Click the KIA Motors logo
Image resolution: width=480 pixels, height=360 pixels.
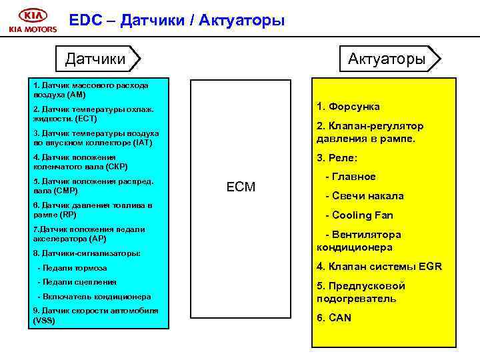pyautogui.click(x=33, y=21)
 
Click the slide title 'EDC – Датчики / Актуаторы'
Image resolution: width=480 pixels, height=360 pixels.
pyautogui.click(x=177, y=21)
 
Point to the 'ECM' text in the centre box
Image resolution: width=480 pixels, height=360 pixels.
pyautogui.click(x=241, y=187)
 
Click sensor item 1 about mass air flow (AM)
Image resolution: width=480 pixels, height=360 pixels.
pyautogui.click(x=91, y=90)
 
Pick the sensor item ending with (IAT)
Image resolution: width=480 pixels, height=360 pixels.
pyautogui.click(x=95, y=137)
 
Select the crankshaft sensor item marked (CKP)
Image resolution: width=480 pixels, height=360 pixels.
pyautogui.click(x=80, y=161)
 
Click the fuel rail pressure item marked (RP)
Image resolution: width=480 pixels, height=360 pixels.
pyautogui.click(x=92, y=209)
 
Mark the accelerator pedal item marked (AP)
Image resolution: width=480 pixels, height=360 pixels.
pyautogui.click(x=88, y=233)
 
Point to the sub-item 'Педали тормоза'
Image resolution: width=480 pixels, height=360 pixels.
pyautogui.click(x=73, y=268)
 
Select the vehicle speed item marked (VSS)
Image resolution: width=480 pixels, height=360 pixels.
pyautogui.click(x=95, y=315)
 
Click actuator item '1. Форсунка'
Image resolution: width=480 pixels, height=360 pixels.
pyautogui.click(x=348, y=107)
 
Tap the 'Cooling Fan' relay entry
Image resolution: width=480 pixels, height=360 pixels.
pyautogui.click(x=359, y=215)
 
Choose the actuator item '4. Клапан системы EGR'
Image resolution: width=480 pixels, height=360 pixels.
pyautogui.click(x=379, y=267)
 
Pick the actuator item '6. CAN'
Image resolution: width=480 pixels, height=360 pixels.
pyautogui.click(x=334, y=317)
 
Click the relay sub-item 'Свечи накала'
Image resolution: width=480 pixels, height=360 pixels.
pyautogui.click(x=364, y=196)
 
